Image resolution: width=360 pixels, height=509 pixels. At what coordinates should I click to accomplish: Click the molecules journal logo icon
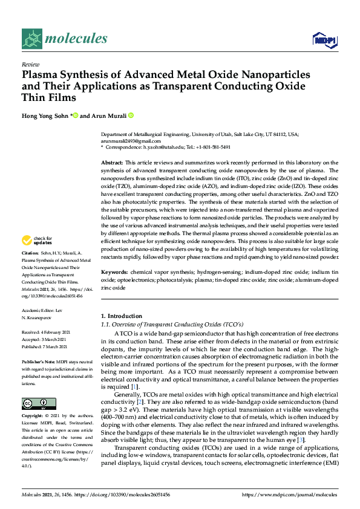coord(31,39)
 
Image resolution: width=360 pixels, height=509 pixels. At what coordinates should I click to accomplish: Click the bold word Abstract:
coord(112,163)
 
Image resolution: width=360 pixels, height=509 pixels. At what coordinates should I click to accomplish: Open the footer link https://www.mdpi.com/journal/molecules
coord(289,495)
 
